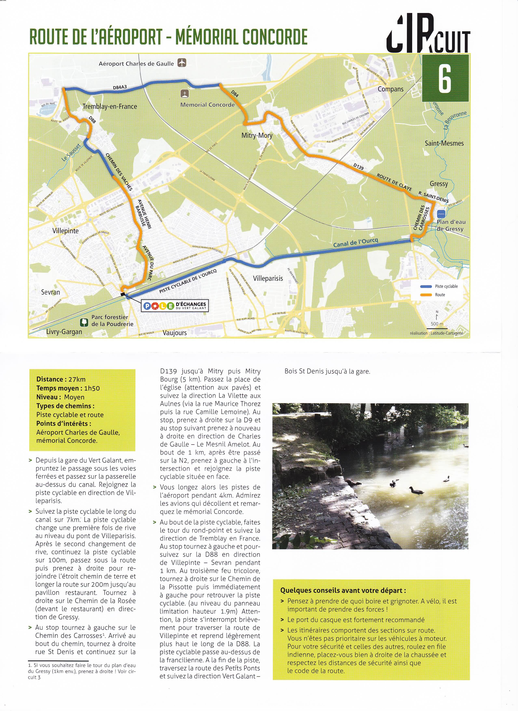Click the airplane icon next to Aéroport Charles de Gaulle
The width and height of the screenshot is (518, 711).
[x=181, y=63]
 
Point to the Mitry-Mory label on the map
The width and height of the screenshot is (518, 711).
[x=257, y=135]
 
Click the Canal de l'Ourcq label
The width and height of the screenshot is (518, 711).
[x=356, y=242]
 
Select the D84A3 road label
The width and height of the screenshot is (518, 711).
[x=120, y=88]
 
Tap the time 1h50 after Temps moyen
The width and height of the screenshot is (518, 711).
[x=92, y=388]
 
